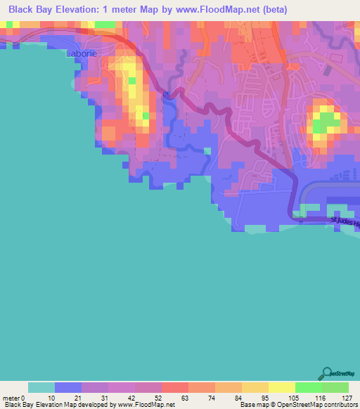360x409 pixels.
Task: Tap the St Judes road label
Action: tap(345, 223)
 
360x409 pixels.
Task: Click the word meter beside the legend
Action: tap(11, 398)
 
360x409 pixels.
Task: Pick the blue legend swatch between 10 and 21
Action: tap(68, 387)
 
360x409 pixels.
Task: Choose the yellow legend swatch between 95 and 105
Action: tap(282, 387)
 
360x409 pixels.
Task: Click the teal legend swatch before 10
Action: tap(41, 387)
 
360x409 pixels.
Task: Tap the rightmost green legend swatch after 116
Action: tap(335, 387)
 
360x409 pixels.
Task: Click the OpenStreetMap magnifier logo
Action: tap(326, 373)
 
